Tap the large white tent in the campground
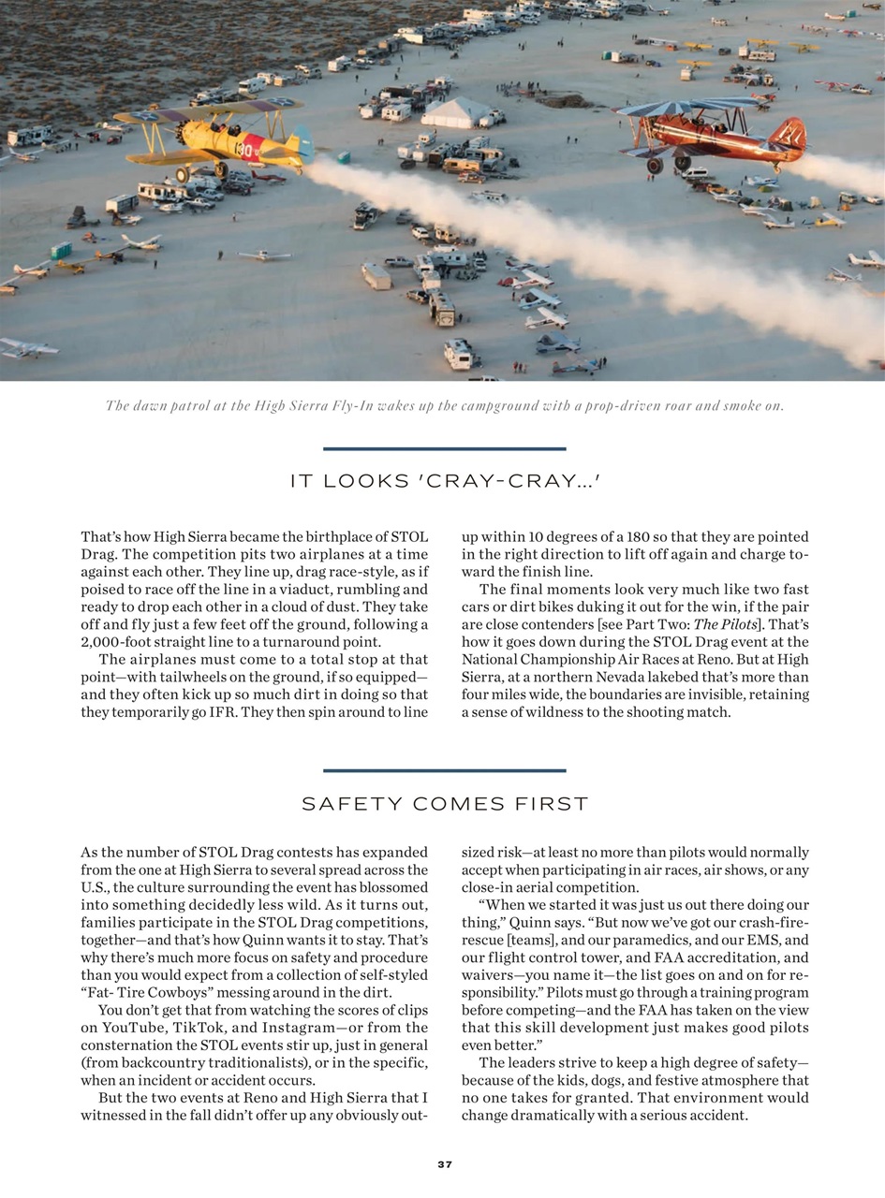pyautogui.click(x=457, y=112)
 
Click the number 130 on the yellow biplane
pyautogui.click(x=246, y=148)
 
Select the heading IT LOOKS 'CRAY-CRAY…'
pyautogui.click(x=444, y=481)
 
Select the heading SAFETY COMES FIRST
pyautogui.click(x=444, y=804)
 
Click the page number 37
pyautogui.click(x=444, y=1164)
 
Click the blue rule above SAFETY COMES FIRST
pyautogui.click(x=444, y=770)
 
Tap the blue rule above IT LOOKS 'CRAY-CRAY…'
pyautogui.click(x=444, y=448)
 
